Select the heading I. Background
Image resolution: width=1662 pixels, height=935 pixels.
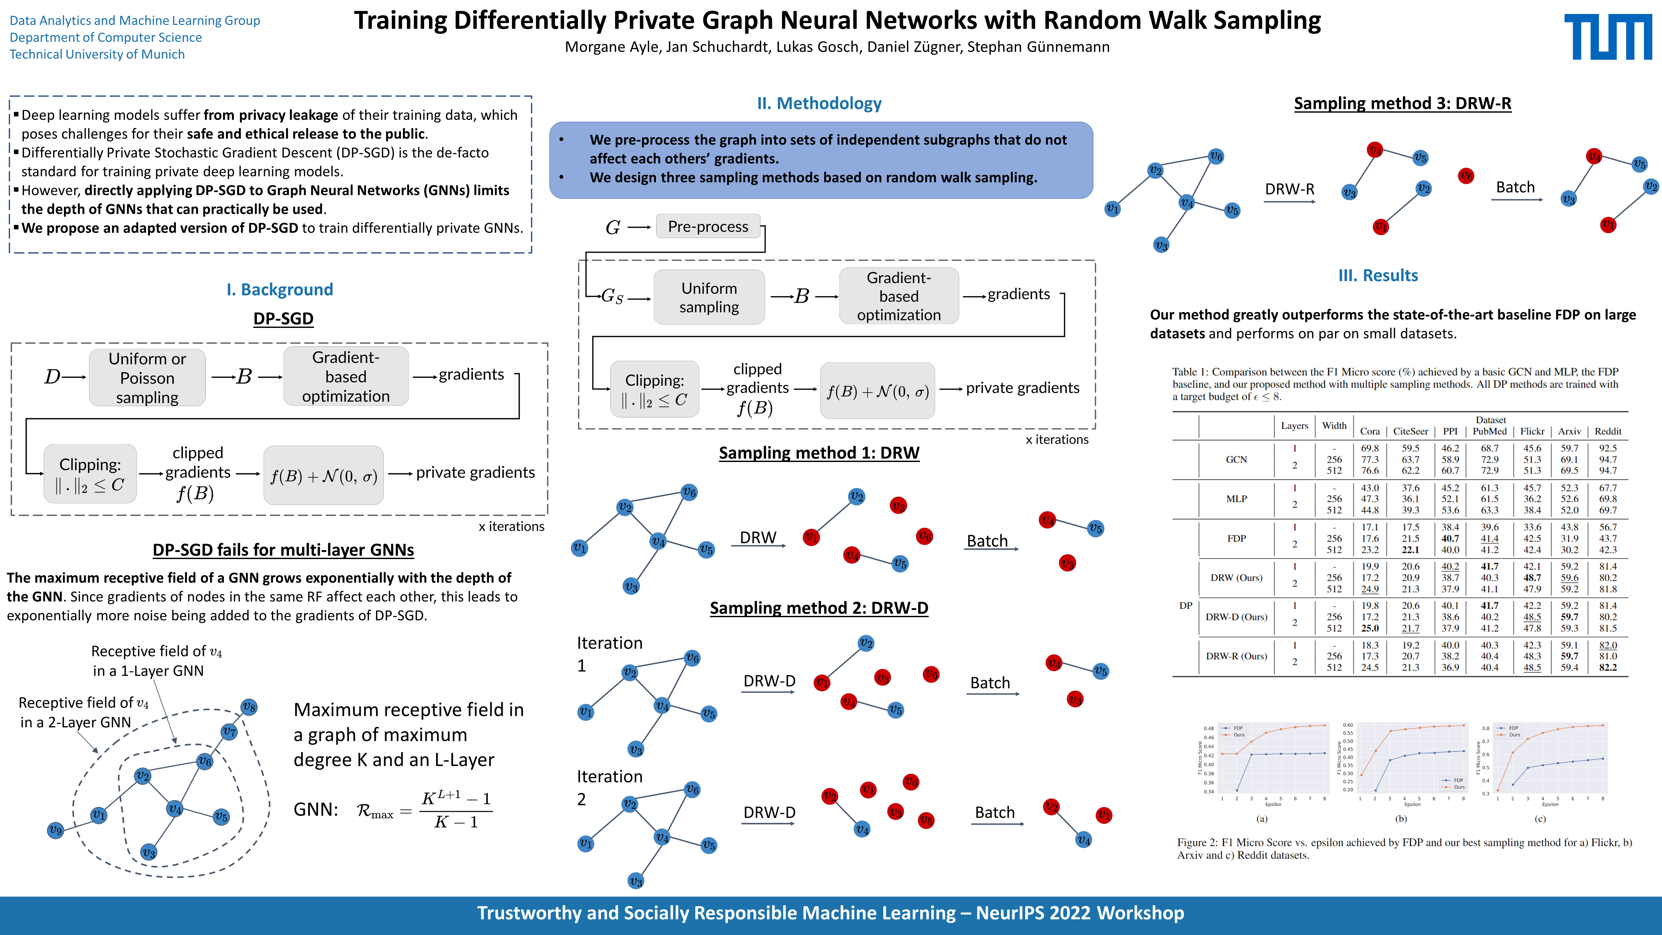click(279, 290)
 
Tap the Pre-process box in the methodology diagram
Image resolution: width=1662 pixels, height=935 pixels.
click(708, 226)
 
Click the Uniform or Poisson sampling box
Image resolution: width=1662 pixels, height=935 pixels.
click(147, 378)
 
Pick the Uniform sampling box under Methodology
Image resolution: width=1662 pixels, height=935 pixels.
click(709, 297)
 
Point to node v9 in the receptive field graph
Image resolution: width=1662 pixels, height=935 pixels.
click(56, 830)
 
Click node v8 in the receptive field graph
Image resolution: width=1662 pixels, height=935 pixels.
click(249, 707)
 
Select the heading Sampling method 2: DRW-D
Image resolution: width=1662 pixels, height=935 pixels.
click(819, 608)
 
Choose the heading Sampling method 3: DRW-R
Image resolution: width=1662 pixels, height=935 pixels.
click(1402, 103)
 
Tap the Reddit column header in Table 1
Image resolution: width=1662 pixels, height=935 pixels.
click(1607, 431)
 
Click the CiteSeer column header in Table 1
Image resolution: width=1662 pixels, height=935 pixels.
click(1410, 431)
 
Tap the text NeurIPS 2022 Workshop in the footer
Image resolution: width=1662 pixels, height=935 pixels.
click(1079, 913)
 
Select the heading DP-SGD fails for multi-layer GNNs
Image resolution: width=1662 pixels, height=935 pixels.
click(283, 550)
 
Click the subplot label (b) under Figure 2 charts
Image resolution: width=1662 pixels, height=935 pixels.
click(1401, 819)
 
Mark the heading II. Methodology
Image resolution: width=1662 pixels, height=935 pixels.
click(819, 103)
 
